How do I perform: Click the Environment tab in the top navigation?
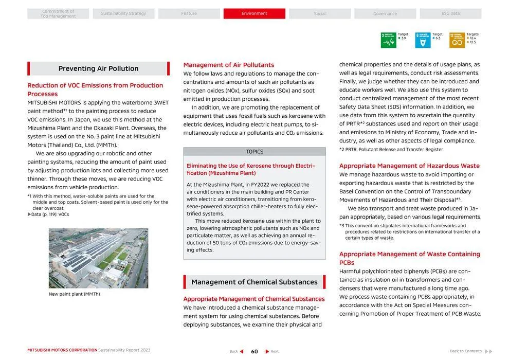tap(254, 13)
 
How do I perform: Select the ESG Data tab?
tap(450, 13)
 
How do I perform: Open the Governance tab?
tap(385, 13)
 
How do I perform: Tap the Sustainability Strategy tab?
tap(123, 13)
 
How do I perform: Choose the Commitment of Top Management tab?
tap(58, 13)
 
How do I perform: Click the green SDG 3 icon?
tap(388, 40)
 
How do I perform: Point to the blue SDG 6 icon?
tap(423, 40)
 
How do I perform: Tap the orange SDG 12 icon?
tap(457, 40)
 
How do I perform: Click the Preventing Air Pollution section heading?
tap(98, 68)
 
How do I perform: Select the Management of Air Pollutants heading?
tap(229, 65)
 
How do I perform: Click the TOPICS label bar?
tap(254, 152)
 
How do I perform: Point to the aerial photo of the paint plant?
tap(98, 258)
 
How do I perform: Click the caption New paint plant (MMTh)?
tap(75, 294)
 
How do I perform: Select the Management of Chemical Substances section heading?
tap(254, 282)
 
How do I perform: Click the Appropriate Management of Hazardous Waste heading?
tap(409, 166)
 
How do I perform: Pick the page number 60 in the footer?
tap(254, 351)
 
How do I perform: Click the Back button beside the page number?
tap(237, 351)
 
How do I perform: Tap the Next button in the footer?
tap(272, 351)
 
